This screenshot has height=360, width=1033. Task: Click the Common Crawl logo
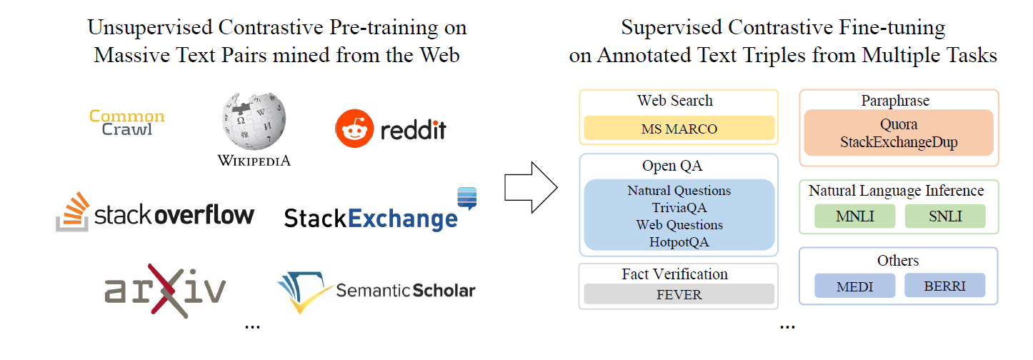tap(127, 122)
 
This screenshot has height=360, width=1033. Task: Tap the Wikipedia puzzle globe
tap(254, 122)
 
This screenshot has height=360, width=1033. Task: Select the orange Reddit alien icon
tap(353, 129)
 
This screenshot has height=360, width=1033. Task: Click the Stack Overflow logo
tap(155, 212)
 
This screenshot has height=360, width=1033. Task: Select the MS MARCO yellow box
tap(679, 129)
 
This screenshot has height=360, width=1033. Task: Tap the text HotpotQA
tap(679, 242)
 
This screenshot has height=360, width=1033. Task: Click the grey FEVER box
tap(679, 294)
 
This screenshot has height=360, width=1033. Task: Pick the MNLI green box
tap(854, 216)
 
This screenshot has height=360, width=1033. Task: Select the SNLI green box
tap(944, 216)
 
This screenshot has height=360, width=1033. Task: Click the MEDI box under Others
tap(854, 286)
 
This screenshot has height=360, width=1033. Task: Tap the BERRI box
tap(944, 286)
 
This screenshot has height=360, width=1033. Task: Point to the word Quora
tap(898, 125)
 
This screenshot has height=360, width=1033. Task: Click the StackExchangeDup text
tap(898, 142)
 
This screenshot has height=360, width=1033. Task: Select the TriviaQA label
tap(679, 208)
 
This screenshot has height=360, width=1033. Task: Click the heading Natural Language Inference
tap(896, 191)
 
